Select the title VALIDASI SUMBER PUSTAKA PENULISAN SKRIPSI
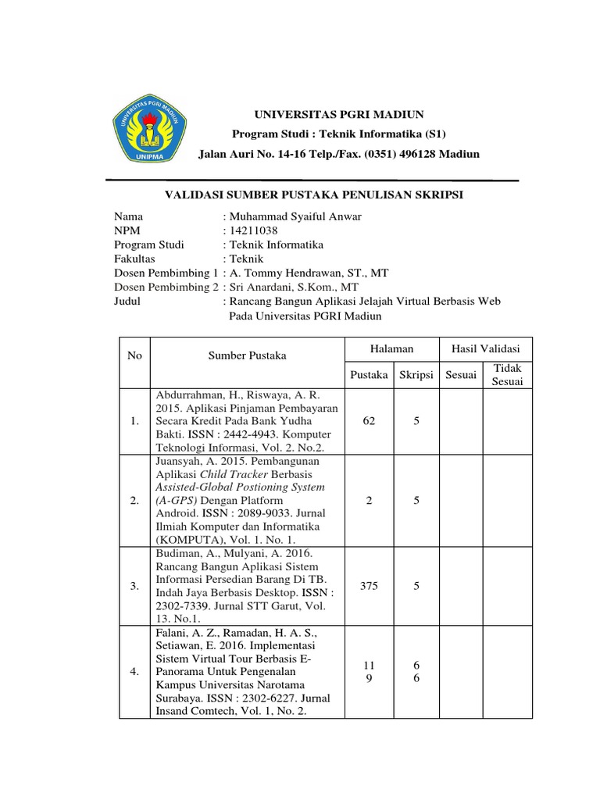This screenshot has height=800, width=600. click(x=312, y=195)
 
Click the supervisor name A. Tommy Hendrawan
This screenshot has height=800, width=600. click(x=281, y=273)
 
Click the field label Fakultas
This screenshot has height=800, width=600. click(x=134, y=259)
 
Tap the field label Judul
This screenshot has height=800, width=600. click(x=127, y=301)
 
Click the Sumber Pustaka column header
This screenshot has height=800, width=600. click(x=247, y=355)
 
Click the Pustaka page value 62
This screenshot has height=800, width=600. click(x=370, y=421)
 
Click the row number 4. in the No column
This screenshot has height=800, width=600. click(x=136, y=670)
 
